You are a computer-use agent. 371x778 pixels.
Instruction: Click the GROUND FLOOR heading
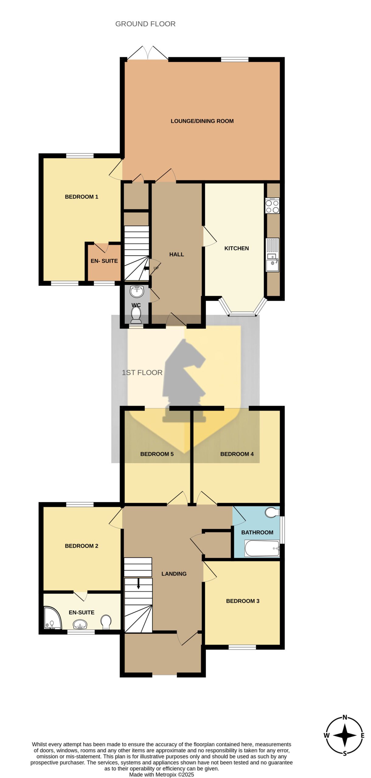(x=145, y=24)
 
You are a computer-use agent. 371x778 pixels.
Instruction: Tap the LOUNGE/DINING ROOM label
(x=202, y=121)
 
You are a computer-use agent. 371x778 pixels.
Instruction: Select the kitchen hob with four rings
(x=272, y=205)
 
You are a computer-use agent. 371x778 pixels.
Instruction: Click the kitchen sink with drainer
(x=272, y=255)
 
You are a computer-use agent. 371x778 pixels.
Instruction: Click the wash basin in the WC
(x=137, y=291)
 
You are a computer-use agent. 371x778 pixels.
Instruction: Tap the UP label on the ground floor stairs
(x=156, y=268)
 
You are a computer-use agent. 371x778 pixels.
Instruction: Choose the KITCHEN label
(x=237, y=248)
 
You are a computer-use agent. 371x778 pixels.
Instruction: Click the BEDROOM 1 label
(x=81, y=197)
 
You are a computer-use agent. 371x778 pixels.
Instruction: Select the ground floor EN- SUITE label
(x=104, y=261)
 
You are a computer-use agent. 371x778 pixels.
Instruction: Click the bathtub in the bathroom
(x=262, y=548)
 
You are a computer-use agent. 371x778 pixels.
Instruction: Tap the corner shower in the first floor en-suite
(x=53, y=618)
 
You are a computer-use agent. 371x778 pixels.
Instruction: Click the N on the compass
(x=345, y=718)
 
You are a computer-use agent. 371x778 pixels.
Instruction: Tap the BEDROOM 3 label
(x=243, y=601)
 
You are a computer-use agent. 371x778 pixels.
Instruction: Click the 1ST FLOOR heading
(x=142, y=373)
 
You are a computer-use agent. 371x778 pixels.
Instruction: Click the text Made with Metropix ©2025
(x=161, y=775)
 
